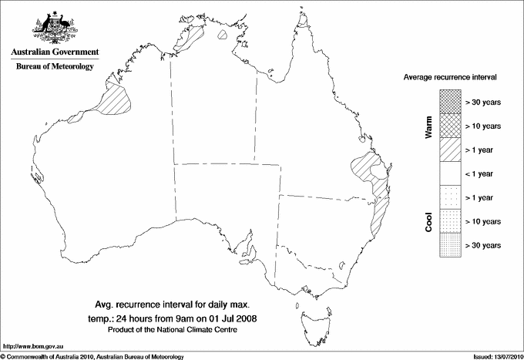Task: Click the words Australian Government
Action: pyautogui.click(x=54, y=52)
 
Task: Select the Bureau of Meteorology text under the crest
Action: pyautogui.click(x=54, y=66)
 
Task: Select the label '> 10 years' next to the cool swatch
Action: pyautogui.click(x=483, y=221)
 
